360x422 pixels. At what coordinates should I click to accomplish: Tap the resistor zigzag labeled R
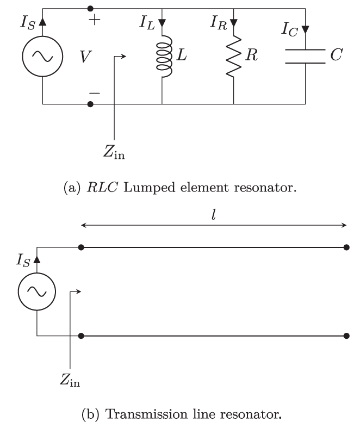click(233, 57)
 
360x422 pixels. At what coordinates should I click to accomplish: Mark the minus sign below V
click(95, 93)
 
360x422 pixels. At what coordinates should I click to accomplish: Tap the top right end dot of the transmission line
click(346, 247)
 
